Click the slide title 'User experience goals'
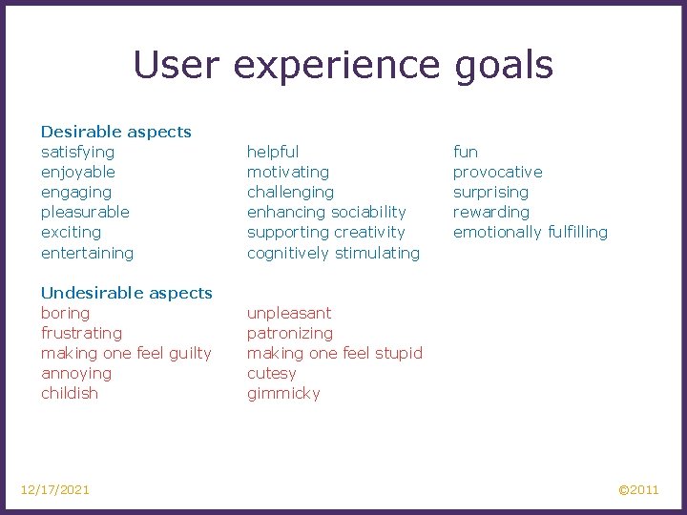pyautogui.click(x=343, y=66)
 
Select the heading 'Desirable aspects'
pyautogui.click(x=115, y=132)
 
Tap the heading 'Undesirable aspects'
pyautogui.click(x=126, y=293)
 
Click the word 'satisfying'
pyautogui.click(x=77, y=152)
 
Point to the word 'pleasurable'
pyautogui.click(x=85, y=212)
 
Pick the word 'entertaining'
pyautogui.click(x=87, y=253)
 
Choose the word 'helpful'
pyautogui.click(x=273, y=152)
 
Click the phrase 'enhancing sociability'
pyautogui.click(x=326, y=212)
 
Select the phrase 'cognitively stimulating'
pyautogui.click(x=333, y=253)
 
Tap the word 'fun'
pyautogui.click(x=466, y=152)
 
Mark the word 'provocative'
pyautogui.click(x=497, y=172)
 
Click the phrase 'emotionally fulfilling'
pyautogui.click(x=530, y=232)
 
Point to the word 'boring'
pyautogui.click(x=65, y=313)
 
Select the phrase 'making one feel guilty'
pyautogui.click(x=126, y=353)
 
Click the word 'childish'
pyautogui.click(x=70, y=393)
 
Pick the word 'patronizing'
pyautogui.click(x=290, y=333)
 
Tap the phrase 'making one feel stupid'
pyautogui.click(x=334, y=353)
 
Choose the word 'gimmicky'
pyautogui.click(x=283, y=393)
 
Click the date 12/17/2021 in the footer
pyautogui.click(x=55, y=489)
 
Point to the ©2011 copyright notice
pyautogui.click(x=638, y=489)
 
